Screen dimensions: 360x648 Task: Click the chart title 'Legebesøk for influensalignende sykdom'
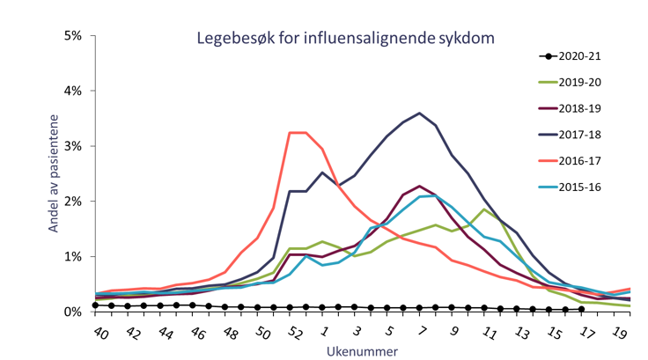(344, 38)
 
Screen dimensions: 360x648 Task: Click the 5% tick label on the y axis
(72, 36)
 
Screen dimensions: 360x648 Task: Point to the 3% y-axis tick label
(72, 146)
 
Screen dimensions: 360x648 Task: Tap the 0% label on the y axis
(72, 312)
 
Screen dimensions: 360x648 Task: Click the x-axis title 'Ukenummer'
(350, 350)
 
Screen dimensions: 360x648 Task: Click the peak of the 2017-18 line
(420, 114)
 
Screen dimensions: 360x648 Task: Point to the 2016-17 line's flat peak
(298, 133)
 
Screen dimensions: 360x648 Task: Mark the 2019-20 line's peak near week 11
(485, 209)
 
